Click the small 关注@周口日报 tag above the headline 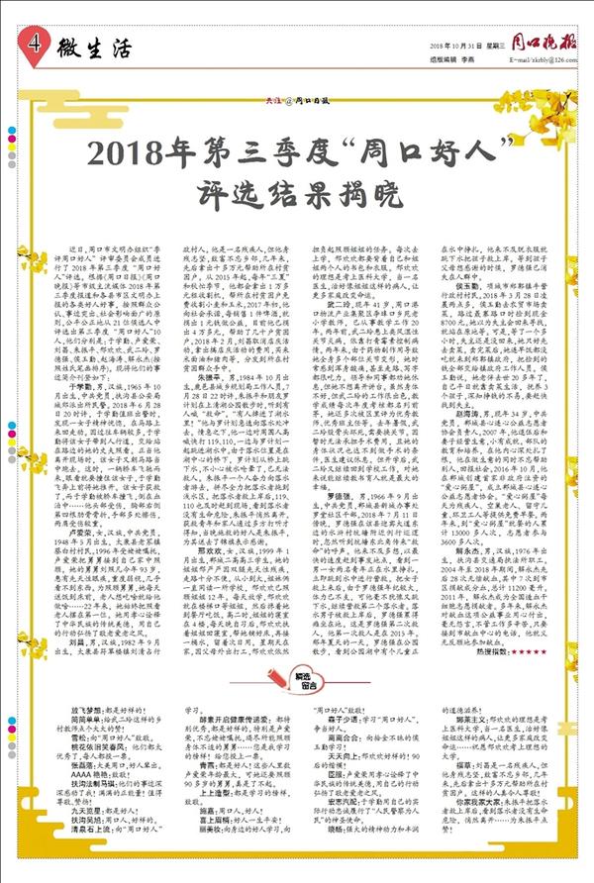[296, 117]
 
